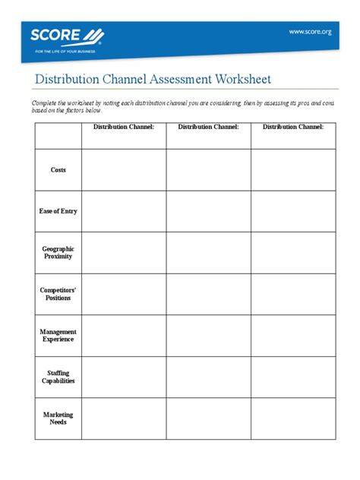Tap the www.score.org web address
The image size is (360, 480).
point(309,31)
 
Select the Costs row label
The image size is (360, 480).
point(58,170)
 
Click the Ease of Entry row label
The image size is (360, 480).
point(58,211)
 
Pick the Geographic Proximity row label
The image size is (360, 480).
point(58,252)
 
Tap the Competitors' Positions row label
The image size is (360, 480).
point(58,294)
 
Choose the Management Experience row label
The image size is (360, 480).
point(58,336)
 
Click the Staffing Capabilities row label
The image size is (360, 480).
point(58,377)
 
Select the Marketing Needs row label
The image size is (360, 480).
point(58,418)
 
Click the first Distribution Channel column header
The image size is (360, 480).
point(124,127)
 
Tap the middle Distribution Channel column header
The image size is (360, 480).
point(209,127)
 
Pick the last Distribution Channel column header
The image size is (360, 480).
point(293,127)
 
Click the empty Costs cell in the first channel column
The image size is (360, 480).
point(124,170)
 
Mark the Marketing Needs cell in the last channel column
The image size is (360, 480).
point(293,418)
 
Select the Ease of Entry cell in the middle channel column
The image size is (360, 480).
point(209,211)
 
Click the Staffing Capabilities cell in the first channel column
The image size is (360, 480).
point(124,377)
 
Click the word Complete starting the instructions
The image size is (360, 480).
point(45,101)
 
